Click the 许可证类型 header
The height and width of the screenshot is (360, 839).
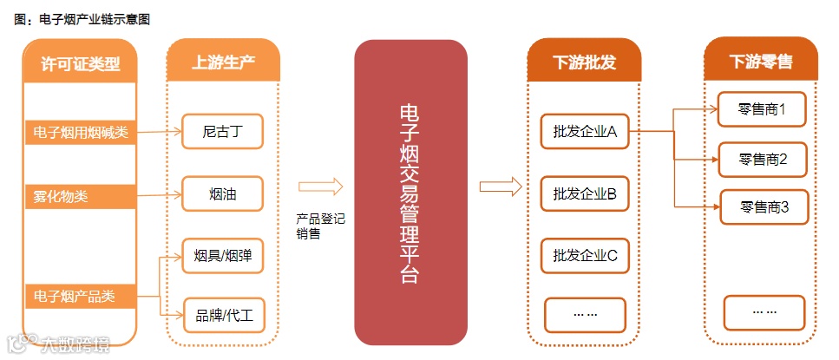click(x=80, y=62)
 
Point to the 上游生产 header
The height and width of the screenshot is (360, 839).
click(x=223, y=62)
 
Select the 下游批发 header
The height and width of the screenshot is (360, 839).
click(x=584, y=62)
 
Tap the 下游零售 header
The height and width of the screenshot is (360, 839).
click(x=760, y=62)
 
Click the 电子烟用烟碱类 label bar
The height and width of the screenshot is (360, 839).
click(x=80, y=133)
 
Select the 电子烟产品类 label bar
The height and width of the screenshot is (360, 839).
click(x=80, y=296)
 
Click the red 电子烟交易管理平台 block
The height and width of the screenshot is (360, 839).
click(x=410, y=193)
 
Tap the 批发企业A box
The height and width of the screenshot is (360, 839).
click(x=584, y=132)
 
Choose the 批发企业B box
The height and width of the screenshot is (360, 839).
click(x=584, y=193)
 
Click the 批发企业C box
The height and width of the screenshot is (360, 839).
click(x=584, y=255)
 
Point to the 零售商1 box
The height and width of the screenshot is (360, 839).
click(x=762, y=110)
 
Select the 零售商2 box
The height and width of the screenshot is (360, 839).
click(x=763, y=160)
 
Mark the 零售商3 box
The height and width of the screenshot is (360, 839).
click(x=764, y=208)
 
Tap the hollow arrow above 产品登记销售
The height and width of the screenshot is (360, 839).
click(x=320, y=187)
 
